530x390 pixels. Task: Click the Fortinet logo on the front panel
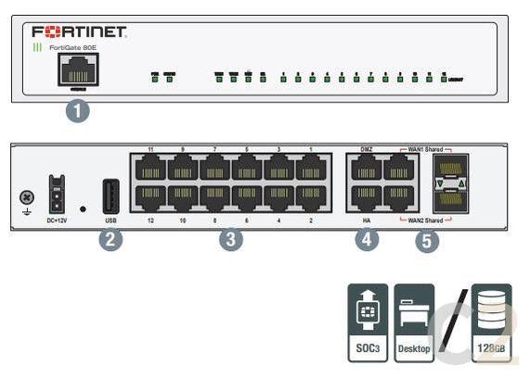click(x=79, y=31)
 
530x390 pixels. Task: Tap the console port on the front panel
click(x=78, y=69)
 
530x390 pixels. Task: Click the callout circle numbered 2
click(x=110, y=240)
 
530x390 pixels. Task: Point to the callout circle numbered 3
click(x=232, y=240)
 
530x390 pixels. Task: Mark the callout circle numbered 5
click(x=426, y=242)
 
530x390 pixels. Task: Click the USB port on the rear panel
click(x=110, y=195)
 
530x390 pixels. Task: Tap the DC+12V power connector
click(x=55, y=194)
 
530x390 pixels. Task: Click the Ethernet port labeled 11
click(x=150, y=168)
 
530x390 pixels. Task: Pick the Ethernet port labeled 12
click(x=150, y=197)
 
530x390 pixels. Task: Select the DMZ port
click(x=366, y=168)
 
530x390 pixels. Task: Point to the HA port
click(x=366, y=197)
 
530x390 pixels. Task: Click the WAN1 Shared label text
click(x=423, y=147)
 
